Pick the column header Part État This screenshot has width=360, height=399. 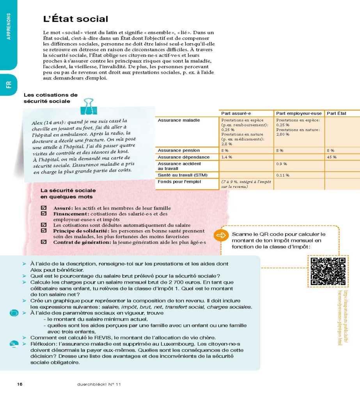click(x=337, y=113)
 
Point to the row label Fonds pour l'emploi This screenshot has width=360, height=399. click(x=179, y=182)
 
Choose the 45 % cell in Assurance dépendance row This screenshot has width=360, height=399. click(x=332, y=157)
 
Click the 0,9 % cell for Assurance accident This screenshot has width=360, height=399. click(x=282, y=164)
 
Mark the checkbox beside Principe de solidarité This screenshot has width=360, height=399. click(x=44, y=231)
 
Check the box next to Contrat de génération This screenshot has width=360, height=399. click(x=44, y=242)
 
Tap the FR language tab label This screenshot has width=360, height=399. click(x=9, y=85)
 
